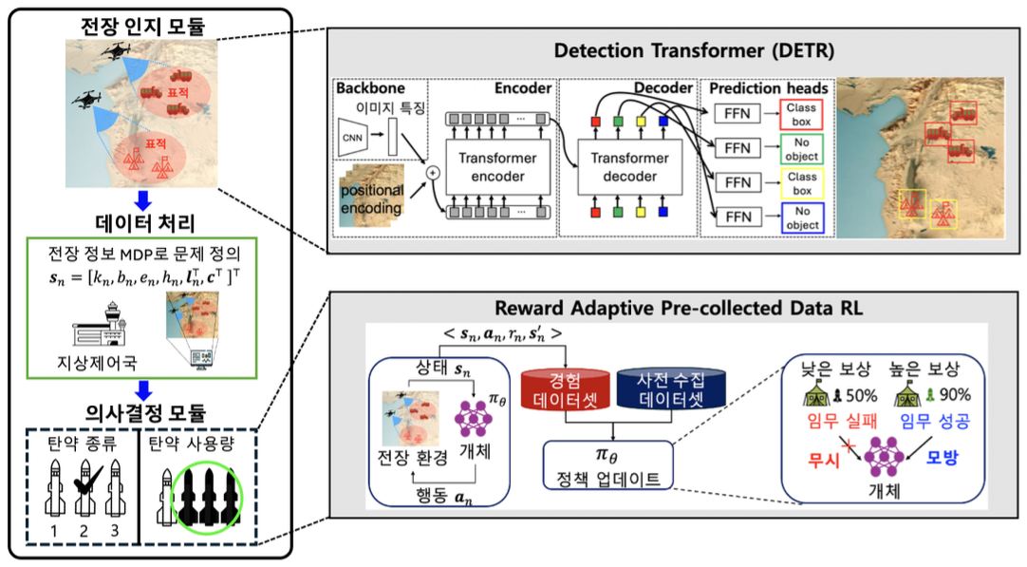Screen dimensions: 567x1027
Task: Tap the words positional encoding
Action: click(372, 198)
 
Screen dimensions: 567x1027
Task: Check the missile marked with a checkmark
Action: click(84, 489)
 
